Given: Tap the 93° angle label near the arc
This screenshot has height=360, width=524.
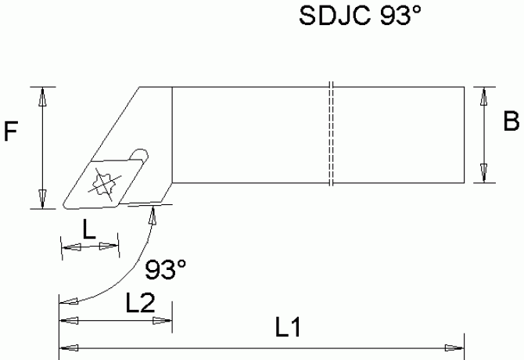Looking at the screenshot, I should pyautogui.click(x=167, y=269).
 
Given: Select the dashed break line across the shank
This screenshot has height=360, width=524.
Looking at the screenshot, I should pyautogui.click(x=332, y=135).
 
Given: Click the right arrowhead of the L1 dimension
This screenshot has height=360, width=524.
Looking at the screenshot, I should pyautogui.click(x=454, y=347).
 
